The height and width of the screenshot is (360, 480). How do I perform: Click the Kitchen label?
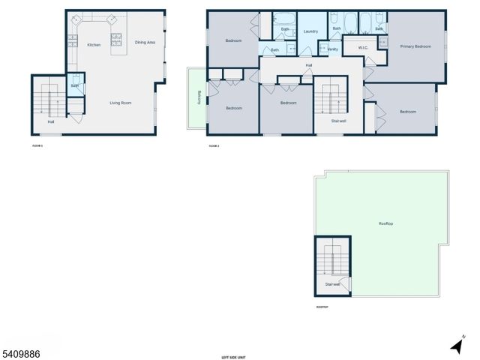click(94, 45)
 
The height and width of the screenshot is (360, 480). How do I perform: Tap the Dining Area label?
click(145, 43)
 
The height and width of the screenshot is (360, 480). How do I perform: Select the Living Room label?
click(120, 103)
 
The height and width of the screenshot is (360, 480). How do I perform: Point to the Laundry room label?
click(311, 31)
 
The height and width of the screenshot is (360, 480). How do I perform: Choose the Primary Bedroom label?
click(415, 46)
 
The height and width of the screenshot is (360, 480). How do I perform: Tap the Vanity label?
click(333, 49)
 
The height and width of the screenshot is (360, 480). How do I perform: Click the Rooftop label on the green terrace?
click(386, 223)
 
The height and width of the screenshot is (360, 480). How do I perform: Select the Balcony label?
click(199, 97)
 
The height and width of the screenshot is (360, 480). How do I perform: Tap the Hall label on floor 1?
click(51, 121)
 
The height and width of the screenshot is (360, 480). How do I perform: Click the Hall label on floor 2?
click(308, 66)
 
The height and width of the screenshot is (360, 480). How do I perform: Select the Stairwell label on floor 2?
click(338, 120)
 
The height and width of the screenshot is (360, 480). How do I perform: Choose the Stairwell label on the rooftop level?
click(332, 284)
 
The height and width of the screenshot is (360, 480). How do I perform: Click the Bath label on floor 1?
click(75, 86)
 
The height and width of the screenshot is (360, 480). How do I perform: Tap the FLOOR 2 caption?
click(214, 145)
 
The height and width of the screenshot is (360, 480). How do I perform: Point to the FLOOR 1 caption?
click(37, 145)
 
